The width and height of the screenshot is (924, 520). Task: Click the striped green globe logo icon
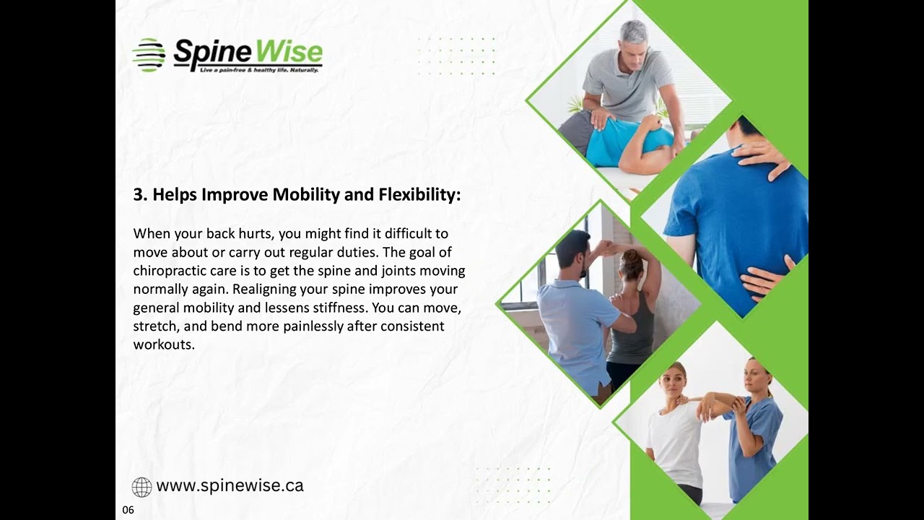point(148,55)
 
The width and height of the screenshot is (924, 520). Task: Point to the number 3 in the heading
point(138,195)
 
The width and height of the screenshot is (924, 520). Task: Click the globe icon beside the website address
point(141,487)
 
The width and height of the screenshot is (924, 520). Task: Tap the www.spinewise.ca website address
point(230,486)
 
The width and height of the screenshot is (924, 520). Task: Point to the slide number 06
point(128,510)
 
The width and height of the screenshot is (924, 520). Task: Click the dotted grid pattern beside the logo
point(457,56)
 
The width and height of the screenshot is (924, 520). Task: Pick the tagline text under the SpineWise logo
point(258,70)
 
